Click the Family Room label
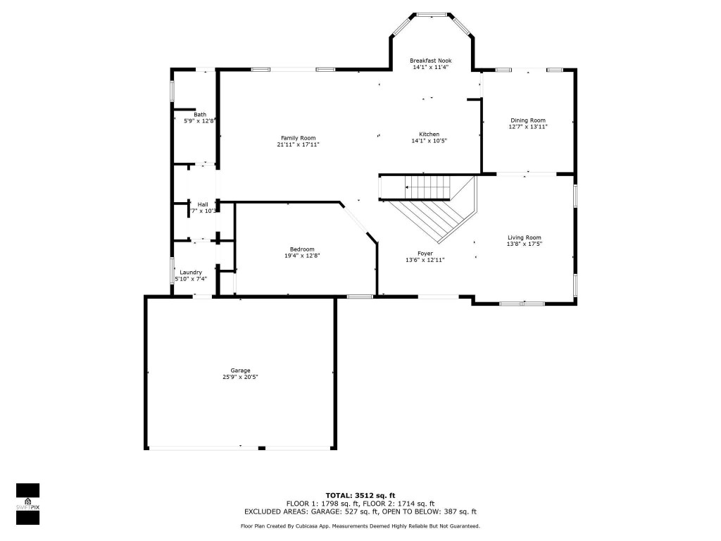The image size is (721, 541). tap(299, 138)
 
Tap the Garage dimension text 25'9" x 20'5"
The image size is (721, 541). tap(240, 377)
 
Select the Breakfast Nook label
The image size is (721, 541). tap(431, 61)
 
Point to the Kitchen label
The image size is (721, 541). tap(430, 134)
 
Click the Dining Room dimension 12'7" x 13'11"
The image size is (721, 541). tap(528, 127)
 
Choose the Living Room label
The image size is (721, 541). tap(525, 237)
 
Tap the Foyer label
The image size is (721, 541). tap(425, 253)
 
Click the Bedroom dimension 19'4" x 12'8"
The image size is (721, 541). tap(302, 256)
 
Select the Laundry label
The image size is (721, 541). tap(191, 272)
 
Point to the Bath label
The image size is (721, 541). tap(201, 114)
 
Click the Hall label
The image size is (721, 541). tap(203, 204)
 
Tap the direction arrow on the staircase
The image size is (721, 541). tap(407, 187)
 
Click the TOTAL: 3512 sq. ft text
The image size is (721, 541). tap(360, 495)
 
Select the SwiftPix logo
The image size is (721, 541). tap(27, 504)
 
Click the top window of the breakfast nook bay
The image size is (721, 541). tap(431, 14)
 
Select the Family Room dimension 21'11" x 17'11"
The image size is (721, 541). tap(299, 144)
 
